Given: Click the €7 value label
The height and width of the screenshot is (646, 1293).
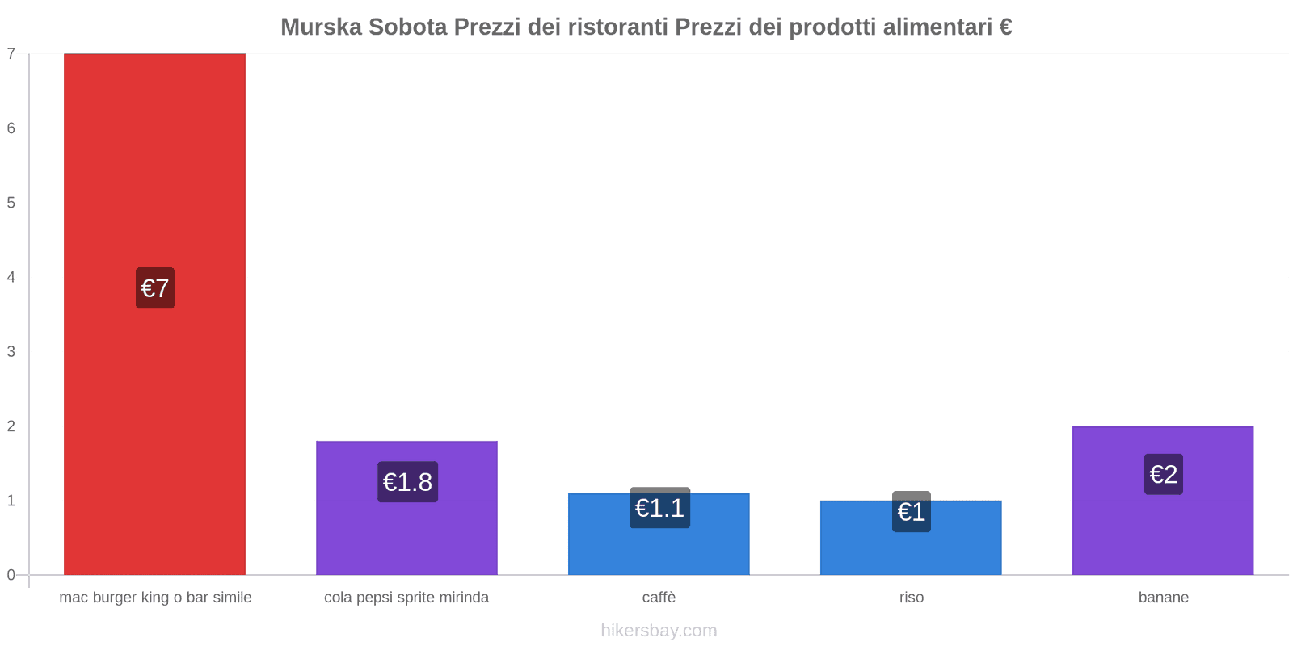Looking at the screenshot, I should click(154, 288).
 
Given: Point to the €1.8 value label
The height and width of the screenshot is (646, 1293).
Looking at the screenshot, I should click(407, 482).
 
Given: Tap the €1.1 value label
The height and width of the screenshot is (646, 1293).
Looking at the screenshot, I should click(659, 508).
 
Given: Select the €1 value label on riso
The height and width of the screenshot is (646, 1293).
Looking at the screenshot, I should click(912, 512).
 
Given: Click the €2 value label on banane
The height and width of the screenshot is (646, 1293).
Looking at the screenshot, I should click(1163, 474).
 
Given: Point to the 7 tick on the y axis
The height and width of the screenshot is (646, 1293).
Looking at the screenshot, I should click(11, 54).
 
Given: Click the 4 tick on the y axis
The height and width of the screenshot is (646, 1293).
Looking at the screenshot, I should click(11, 277).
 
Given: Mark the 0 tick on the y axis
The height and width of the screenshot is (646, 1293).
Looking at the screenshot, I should click(11, 575).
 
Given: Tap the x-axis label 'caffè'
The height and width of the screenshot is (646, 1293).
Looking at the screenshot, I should click(659, 598).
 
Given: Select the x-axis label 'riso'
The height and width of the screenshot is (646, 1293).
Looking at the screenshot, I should click(911, 598).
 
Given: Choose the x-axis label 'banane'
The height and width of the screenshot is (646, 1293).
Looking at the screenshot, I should click(1163, 598).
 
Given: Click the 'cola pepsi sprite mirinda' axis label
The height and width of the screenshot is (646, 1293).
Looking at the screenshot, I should click(406, 598).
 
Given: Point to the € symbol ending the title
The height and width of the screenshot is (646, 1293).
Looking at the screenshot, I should click(1005, 27).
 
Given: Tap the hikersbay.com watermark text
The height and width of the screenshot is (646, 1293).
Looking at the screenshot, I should click(659, 631).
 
